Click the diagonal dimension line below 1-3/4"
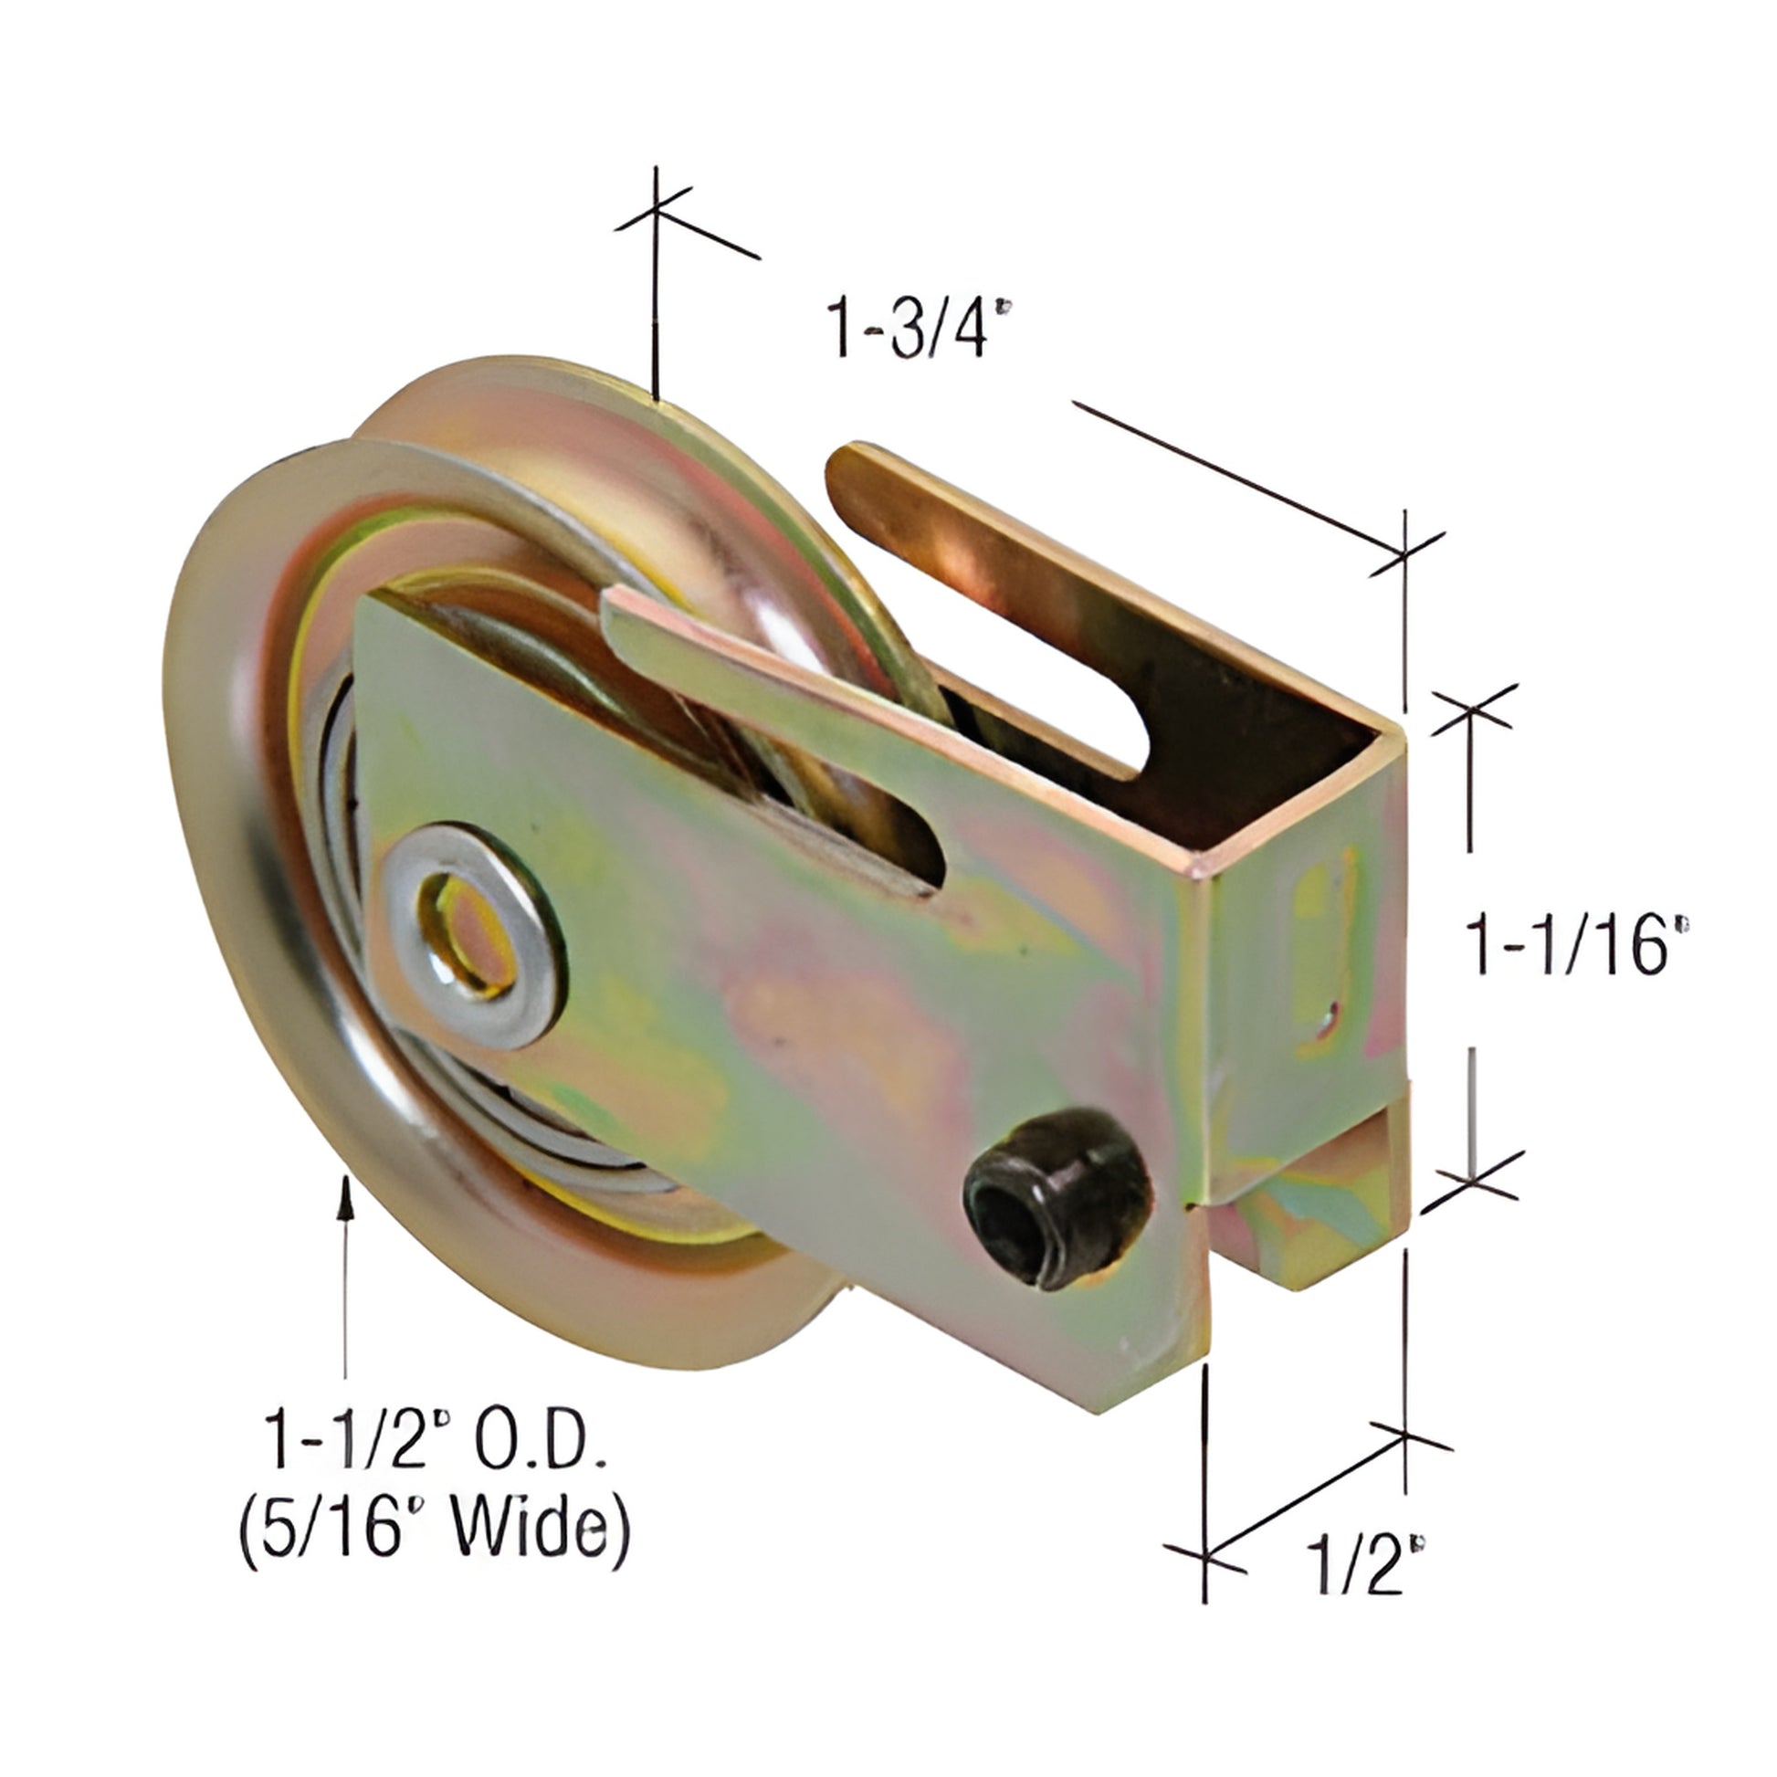pyautogui.click(x=1242, y=478)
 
